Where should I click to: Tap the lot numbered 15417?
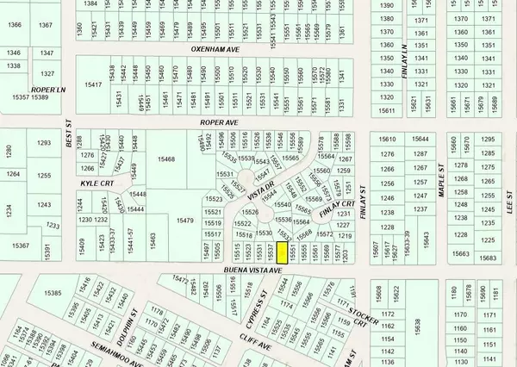[x=94, y=84]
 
